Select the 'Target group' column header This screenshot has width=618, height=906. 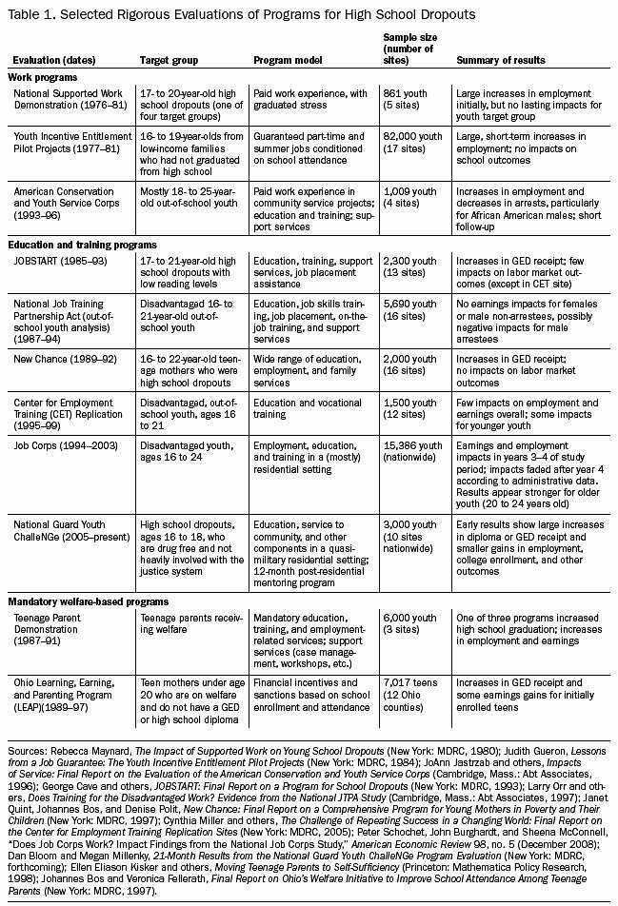169,60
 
